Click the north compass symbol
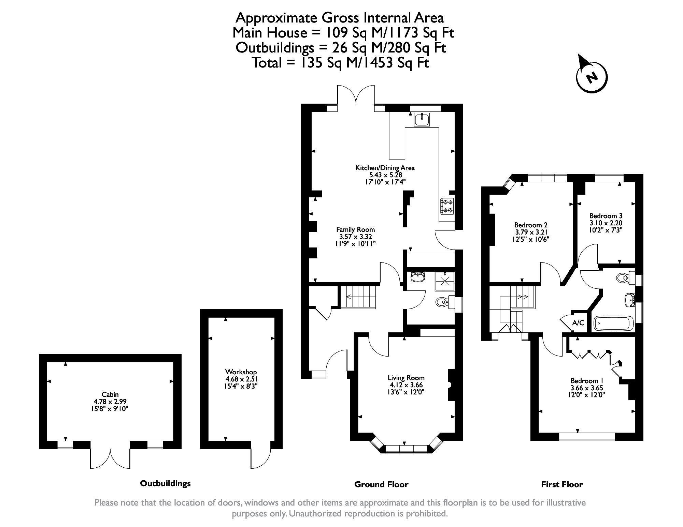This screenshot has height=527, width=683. coord(592,77)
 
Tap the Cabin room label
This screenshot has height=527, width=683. coord(110,395)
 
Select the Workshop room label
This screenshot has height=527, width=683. coord(241,372)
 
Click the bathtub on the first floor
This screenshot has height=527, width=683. coord(613,323)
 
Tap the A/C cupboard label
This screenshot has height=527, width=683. coord(578,322)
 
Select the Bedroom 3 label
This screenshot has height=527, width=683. coord(606,216)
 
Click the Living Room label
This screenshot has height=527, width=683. coord(406,378)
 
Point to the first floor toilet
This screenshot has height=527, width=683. coord(626,278)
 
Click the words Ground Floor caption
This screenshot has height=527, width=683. coord(381,484)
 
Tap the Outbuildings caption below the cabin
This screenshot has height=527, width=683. coord(165,483)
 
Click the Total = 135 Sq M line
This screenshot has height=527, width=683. coord(340,63)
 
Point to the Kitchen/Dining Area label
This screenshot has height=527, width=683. coord(385,168)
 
